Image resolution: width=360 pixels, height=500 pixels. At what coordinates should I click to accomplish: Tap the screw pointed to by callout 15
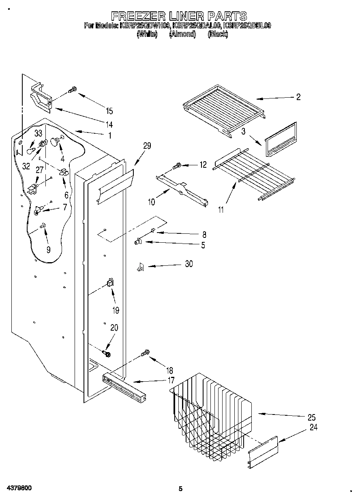(x=72, y=90)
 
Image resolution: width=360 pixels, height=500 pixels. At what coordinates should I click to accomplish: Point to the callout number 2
(x=298, y=97)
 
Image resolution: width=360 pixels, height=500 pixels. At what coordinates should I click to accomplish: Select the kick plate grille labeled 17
(x=123, y=387)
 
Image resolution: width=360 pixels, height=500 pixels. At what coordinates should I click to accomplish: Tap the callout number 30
(x=189, y=264)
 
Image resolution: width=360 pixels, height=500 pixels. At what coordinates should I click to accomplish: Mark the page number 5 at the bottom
(x=181, y=489)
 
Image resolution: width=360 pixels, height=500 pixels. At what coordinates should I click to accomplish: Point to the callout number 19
(x=116, y=310)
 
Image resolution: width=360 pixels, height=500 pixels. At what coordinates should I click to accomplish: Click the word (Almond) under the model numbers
(x=182, y=34)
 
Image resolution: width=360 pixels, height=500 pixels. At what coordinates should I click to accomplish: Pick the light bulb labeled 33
(x=30, y=151)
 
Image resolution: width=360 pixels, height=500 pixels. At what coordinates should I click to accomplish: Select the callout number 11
(x=221, y=210)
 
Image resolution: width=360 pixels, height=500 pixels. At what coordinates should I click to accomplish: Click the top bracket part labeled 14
(x=41, y=98)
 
